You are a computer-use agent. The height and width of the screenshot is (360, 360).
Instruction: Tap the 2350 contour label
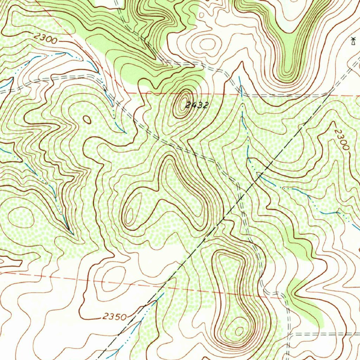[x=115, y=317]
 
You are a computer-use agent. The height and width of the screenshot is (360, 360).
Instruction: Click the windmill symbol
[x=353, y=41]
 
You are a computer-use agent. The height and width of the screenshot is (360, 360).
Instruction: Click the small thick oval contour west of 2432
[x=87, y=120]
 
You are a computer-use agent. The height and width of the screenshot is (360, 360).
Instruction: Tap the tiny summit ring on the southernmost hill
[x=239, y=331]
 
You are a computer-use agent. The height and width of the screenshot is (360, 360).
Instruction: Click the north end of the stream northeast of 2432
[x=239, y=77]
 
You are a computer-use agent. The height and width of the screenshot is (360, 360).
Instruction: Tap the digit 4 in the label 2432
[x=192, y=104]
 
